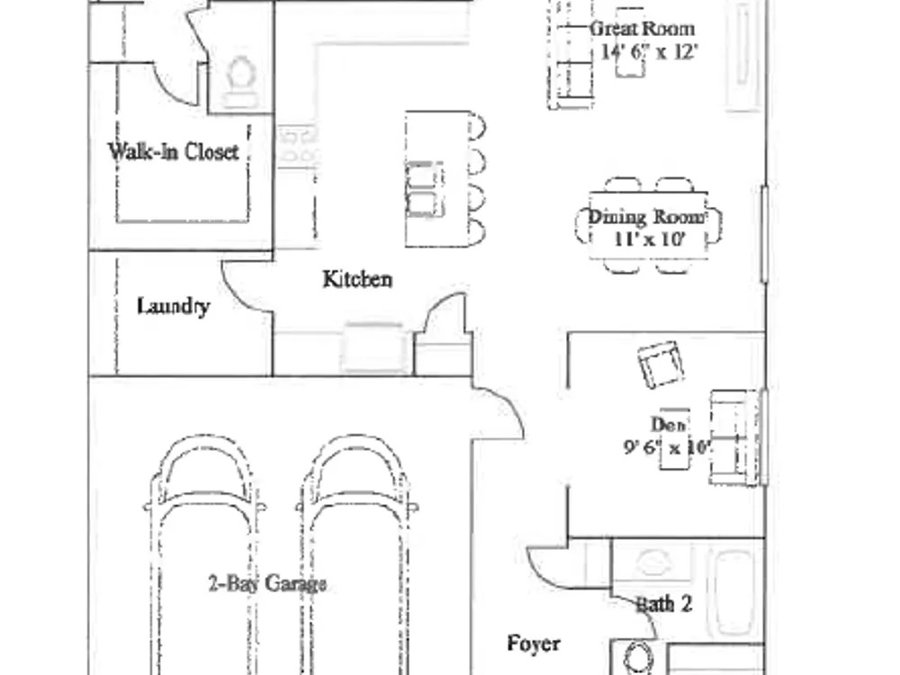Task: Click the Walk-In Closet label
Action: coord(173,151)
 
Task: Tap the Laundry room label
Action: coord(173,306)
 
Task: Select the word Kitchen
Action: coord(357,279)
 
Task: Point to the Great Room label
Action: coord(642,28)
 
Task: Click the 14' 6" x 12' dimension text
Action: coord(649,52)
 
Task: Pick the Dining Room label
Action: coord(647,217)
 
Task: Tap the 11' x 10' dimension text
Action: coord(650,238)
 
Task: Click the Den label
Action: coord(668,424)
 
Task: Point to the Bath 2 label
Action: coord(664,604)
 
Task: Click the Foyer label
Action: coord(533,643)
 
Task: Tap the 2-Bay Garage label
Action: coord(267,584)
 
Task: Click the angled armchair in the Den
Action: coord(661,364)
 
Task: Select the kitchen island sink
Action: coord(424,189)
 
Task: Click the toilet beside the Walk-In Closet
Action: coord(238,82)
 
